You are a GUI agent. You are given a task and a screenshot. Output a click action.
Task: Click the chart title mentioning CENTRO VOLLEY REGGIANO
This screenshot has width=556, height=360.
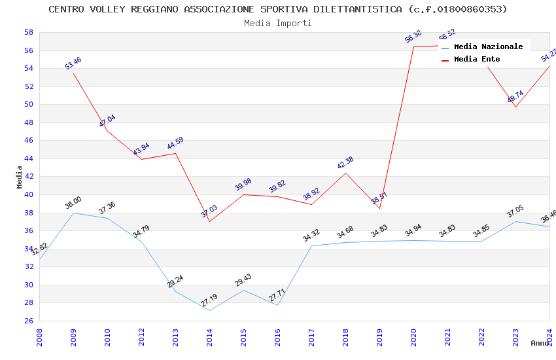coord(278,9)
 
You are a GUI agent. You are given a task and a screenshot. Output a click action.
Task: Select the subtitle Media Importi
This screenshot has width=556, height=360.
coord(278,23)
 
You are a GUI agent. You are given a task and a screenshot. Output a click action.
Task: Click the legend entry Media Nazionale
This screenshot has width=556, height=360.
coord(488,46)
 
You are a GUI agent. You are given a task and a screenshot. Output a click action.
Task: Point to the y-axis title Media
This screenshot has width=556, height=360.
coord(19,177)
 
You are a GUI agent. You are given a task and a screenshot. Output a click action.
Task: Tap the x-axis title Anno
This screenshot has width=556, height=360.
coord(540,343)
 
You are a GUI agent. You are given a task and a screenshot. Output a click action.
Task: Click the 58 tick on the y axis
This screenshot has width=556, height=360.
coord(29,32)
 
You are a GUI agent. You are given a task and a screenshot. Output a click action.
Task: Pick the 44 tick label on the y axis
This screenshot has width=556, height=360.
coord(29,158)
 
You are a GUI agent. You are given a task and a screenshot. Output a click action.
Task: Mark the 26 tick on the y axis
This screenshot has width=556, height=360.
coord(29,321)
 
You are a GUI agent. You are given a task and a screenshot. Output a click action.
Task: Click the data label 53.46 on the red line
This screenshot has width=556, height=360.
coord(73,63)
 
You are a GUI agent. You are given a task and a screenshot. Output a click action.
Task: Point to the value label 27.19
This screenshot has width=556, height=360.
coord(209,301)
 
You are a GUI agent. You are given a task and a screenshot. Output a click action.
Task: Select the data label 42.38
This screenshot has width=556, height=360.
coord(345,163)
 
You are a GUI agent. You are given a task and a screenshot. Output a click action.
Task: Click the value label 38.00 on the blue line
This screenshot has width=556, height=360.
coord(73,204)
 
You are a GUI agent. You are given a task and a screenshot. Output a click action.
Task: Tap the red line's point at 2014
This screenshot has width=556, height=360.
coord(209,221)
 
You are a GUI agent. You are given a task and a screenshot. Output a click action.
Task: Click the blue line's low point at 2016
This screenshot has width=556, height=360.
coord(277,305)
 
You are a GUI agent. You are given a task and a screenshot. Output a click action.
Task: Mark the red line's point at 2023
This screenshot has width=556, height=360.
coord(515,107)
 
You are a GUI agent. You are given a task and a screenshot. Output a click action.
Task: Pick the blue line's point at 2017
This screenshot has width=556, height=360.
coord(311,245)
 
